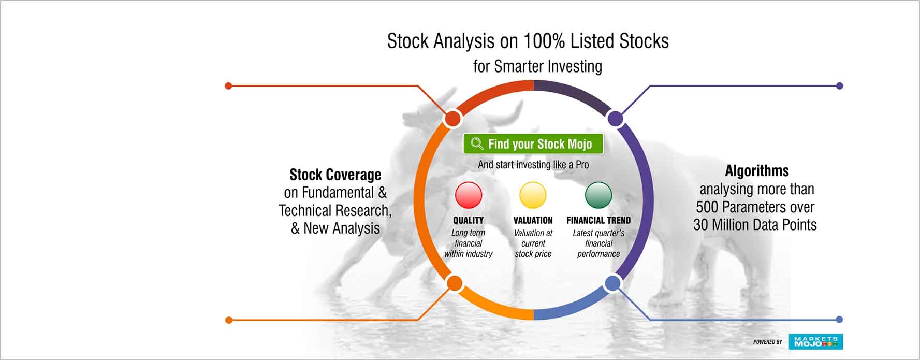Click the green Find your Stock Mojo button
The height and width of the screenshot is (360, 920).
point(533,143)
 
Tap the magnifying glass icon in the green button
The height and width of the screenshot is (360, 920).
point(477,143)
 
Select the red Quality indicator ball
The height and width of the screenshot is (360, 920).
point(469,195)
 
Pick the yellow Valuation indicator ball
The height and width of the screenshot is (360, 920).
point(533,195)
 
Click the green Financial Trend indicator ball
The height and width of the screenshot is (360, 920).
point(598,195)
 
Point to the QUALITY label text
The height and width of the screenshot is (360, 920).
point(469,220)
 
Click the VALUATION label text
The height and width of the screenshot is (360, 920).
point(533,220)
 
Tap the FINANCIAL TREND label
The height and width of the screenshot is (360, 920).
point(598,220)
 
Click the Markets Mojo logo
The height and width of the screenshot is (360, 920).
point(816,342)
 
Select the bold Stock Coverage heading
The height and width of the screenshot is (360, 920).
point(335,175)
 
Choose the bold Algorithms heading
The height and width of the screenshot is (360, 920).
point(757,171)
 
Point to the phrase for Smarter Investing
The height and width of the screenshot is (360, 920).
point(537,66)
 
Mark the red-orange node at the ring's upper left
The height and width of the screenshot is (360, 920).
point(452,119)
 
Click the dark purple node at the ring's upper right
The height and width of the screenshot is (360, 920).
point(615,119)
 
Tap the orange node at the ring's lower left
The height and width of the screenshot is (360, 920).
point(455,283)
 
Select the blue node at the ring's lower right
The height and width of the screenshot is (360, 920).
point(613,283)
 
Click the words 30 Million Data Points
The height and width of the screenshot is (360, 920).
point(755,225)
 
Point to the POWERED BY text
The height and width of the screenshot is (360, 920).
point(768,342)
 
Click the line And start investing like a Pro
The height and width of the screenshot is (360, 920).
point(533,165)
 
